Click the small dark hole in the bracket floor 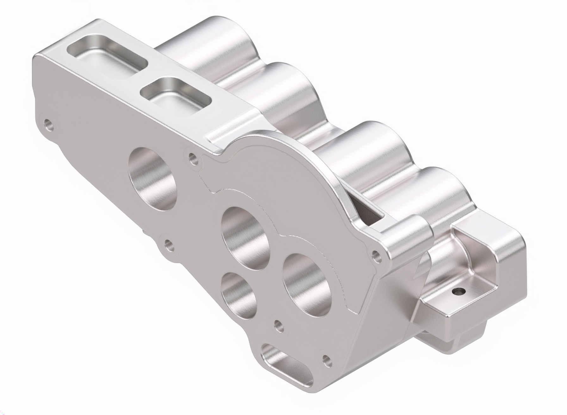coord(458,291)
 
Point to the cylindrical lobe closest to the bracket coord(443,190)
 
